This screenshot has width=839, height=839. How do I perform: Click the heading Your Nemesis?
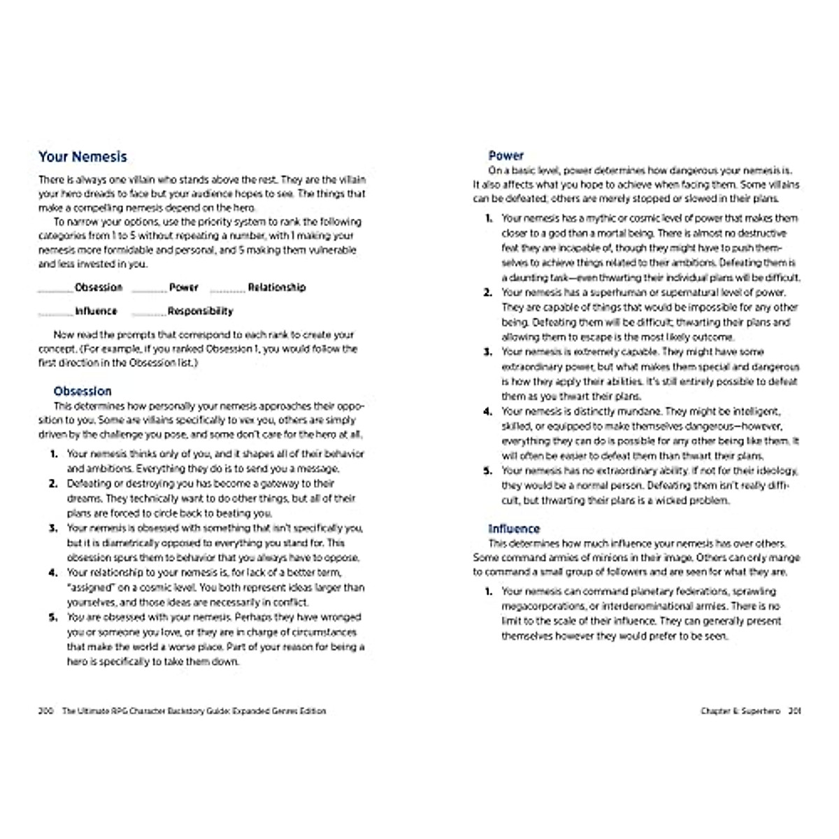(x=83, y=157)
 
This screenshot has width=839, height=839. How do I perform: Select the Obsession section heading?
(x=83, y=391)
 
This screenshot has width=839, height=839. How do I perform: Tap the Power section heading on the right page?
(x=506, y=155)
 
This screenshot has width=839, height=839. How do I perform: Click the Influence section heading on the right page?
(x=514, y=529)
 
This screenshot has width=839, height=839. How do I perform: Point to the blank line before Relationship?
(x=228, y=290)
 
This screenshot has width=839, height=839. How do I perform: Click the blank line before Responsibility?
(x=149, y=314)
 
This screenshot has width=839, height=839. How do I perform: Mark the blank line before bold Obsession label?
(x=55, y=290)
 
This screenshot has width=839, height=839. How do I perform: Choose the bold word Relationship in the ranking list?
(x=277, y=287)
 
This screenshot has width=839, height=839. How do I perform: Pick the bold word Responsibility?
(x=201, y=311)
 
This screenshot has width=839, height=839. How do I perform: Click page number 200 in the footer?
(x=45, y=711)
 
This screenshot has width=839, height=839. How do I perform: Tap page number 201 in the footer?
(x=794, y=711)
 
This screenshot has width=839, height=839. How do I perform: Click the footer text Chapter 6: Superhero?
(x=740, y=711)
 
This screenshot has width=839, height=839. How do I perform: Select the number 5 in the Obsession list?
(x=53, y=617)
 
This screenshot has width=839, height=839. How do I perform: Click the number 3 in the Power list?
(x=488, y=352)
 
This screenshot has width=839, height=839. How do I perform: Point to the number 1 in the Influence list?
(x=488, y=591)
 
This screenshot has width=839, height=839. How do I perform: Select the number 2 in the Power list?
(x=488, y=292)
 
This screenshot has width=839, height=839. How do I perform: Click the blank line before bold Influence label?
(x=55, y=314)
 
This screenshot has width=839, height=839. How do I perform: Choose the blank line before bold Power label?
(x=149, y=290)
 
